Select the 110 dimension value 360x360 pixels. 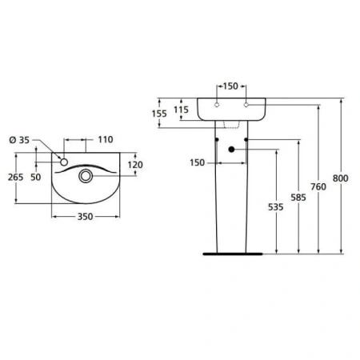pyautogui.click(x=105, y=140)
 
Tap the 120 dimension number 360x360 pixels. pyautogui.click(x=134, y=164)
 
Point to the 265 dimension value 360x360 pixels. pyautogui.click(x=14, y=177)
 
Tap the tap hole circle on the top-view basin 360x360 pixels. pyautogui.click(x=63, y=162)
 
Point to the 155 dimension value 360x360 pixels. pyautogui.click(x=159, y=114)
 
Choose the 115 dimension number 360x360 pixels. pyautogui.click(x=182, y=110)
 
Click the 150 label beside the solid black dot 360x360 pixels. pyautogui.click(x=197, y=164)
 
